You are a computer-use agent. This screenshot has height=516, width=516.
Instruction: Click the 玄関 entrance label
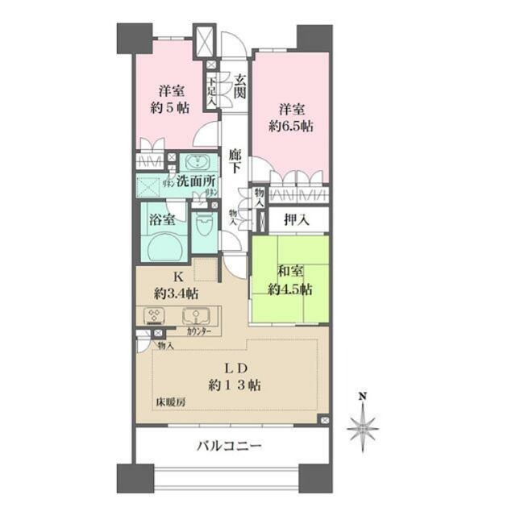coord(239,86)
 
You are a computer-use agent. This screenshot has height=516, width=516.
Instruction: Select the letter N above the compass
coord(363,396)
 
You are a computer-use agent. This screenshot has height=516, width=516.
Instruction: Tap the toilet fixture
coord(205,228)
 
